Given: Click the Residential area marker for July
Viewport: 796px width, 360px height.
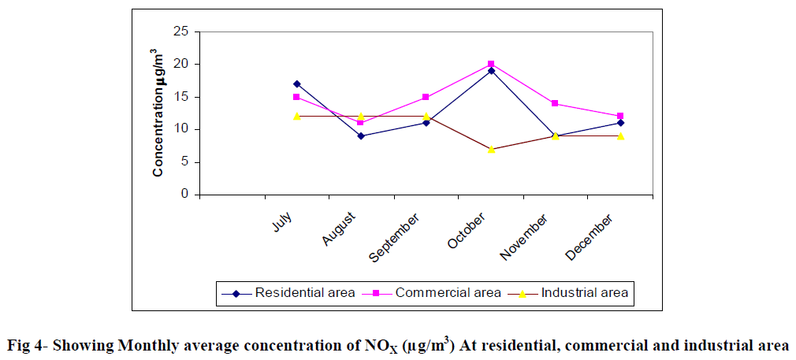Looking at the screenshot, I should (296, 84).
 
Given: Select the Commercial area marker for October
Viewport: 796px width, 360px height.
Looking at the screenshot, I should (491, 64).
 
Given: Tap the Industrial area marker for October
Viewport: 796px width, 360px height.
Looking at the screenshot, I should (491, 149).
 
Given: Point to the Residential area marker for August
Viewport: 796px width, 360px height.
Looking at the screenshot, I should (361, 135).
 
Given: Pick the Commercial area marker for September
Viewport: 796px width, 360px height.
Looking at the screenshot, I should (426, 97).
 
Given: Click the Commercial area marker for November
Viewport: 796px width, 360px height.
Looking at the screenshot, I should (556, 103).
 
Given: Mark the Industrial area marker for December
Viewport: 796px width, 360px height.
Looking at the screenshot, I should (621, 135).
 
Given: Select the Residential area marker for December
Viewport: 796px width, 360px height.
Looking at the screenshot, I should (621, 123).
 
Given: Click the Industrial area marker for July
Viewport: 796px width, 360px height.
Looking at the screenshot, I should (296, 116).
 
